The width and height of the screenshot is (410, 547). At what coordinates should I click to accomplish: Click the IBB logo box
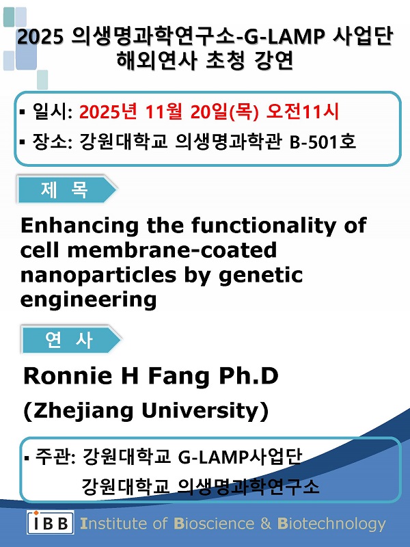coord(50,522)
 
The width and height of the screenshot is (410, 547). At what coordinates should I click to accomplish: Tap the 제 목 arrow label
coord(67,190)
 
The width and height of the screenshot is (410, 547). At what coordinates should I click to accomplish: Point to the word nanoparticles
coord(98,276)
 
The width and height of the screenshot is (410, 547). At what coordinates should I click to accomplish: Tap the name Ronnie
coord(68,376)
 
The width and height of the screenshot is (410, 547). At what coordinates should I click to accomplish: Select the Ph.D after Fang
coord(249,376)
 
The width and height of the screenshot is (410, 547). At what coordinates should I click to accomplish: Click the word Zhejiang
coord(83,411)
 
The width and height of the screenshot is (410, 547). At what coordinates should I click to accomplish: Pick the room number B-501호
coord(323,142)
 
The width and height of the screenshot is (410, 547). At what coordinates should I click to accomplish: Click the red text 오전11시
coord(302,111)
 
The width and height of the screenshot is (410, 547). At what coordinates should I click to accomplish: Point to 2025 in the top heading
coord(40,36)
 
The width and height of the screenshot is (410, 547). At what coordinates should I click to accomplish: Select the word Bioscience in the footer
coord(214,524)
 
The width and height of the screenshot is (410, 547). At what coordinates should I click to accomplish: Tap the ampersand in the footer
coord(266,524)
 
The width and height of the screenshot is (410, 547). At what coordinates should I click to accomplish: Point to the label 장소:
coord(53,142)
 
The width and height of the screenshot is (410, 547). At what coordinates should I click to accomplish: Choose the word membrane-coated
coord(172,250)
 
